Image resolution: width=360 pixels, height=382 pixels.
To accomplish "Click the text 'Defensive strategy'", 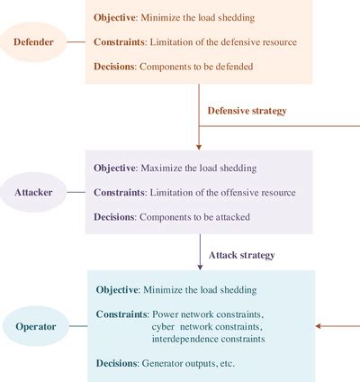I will pos(247,111).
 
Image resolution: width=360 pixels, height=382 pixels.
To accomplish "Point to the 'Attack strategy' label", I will pos(241,255).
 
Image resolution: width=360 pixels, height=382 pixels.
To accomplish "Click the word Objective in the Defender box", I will pos(114,18).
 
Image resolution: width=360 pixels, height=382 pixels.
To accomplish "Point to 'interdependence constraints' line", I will pos(208,340).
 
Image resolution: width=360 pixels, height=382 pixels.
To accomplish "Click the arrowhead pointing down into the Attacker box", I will pos(199,145).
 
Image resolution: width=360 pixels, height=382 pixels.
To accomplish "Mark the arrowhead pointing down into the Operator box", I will pos(201,266).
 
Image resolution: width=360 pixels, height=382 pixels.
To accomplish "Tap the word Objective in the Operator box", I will pos(117,290).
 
